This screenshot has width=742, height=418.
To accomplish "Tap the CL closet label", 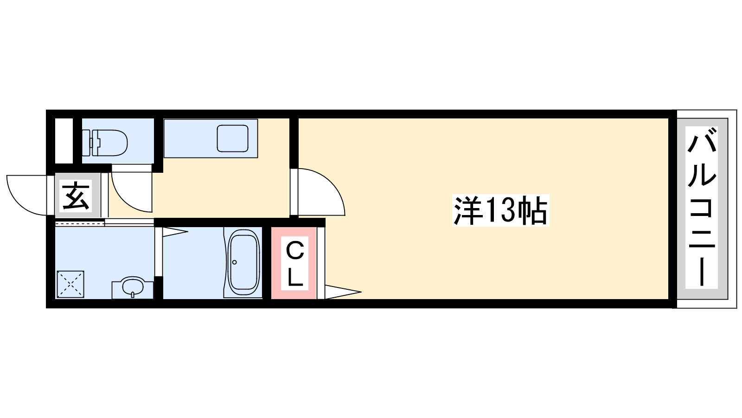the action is tap(295, 264).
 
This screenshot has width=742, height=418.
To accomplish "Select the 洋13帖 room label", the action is tap(500, 210).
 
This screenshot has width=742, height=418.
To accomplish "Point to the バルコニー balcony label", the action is tap(702, 207).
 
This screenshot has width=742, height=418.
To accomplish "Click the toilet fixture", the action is tap(105, 143).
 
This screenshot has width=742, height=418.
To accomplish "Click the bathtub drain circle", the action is tap(235, 262).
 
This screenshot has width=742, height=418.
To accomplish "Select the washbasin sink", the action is tap(133, 287).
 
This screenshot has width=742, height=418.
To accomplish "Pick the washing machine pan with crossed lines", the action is tap(70, 284).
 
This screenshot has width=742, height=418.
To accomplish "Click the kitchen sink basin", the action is tap(232, 138).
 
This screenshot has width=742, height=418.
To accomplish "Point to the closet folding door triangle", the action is tap(343, 292).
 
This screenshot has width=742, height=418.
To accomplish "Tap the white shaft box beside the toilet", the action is tap(64, 141).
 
